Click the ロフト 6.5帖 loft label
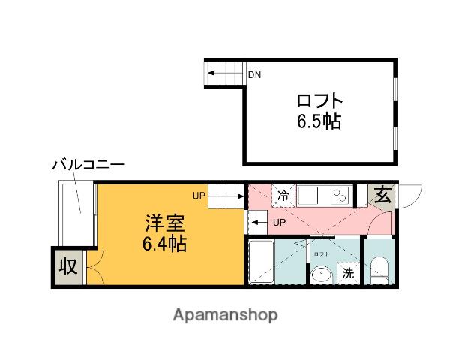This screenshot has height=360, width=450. pos(319,110)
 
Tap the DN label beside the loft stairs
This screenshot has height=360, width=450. pos(255,74)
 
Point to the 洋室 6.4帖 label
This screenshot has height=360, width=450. pos(166,233)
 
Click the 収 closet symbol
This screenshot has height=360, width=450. pos(68,265)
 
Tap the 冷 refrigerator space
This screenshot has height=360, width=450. pos(283,196)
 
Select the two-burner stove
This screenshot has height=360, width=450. pos(340,196)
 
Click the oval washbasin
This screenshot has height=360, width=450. pos(323,274)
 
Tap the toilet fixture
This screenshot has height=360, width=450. pos(379,269)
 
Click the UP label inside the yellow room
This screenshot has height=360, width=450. pos(198,196)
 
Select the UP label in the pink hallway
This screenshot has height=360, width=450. pos(278,222)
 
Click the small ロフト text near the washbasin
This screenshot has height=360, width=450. pos(321,255)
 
